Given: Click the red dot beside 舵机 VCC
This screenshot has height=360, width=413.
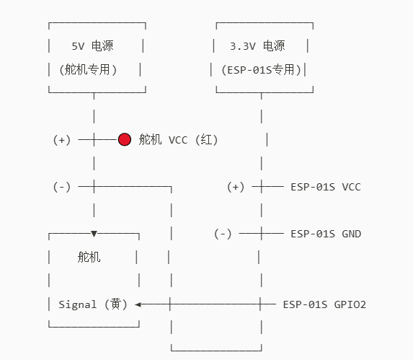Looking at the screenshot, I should pyautogui.click(x=125, y=139).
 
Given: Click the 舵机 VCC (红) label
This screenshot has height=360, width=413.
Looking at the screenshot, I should pyautogui.click(x=178, y=140).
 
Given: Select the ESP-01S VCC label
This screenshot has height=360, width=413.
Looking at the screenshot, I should pyautogui.click(x=325, y=187).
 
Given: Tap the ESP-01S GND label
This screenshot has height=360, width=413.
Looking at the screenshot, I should pyautogui.click(x=326, y=234).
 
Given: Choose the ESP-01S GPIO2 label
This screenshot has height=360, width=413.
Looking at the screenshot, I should pyautogui.click(x=324, y=304).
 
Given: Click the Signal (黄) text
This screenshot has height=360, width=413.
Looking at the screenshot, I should pyautogui.click(x=93, y=304).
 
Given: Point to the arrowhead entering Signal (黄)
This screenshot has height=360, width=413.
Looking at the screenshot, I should pyautogui.click(x=138, y=304).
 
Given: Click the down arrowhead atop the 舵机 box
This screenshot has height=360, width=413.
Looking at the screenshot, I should pyautogui.click(x=94, y=234).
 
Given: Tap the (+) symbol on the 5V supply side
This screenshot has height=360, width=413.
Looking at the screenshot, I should pyautogui.click(x=62, y=140).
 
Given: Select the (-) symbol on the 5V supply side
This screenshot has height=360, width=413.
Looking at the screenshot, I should pyautogui.click(x=62, y=187).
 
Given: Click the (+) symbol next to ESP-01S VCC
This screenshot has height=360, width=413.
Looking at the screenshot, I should pyautogui.click(x=236, y=187).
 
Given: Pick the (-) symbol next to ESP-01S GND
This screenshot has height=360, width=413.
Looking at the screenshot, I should pyautogui.click(x=223, y=234).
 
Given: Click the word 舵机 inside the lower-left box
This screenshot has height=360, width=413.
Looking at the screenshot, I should pyautogui.click(x=89, y=258).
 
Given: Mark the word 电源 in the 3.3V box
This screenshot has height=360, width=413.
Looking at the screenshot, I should pyautogui.click(x=273, y=46).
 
